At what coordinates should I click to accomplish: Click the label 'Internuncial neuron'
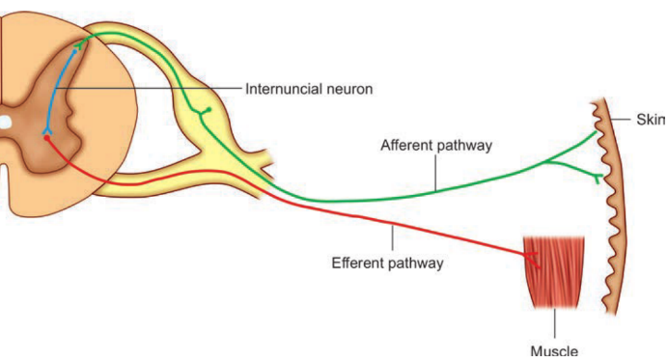coord(308,89)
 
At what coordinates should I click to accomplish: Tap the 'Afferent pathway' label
coord(436,146)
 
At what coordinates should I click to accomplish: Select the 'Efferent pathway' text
coord(386,262)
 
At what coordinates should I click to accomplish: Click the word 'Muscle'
coord(554,350)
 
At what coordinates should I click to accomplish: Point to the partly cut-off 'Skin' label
coord(649,120)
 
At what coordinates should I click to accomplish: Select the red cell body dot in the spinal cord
coord(46,138)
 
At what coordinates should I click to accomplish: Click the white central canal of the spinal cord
coord(4,123)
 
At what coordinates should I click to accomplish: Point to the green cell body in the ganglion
coord(205,112)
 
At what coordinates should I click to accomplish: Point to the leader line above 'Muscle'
coord(555,320)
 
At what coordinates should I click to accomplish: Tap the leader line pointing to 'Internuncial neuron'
coord(145,89)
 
